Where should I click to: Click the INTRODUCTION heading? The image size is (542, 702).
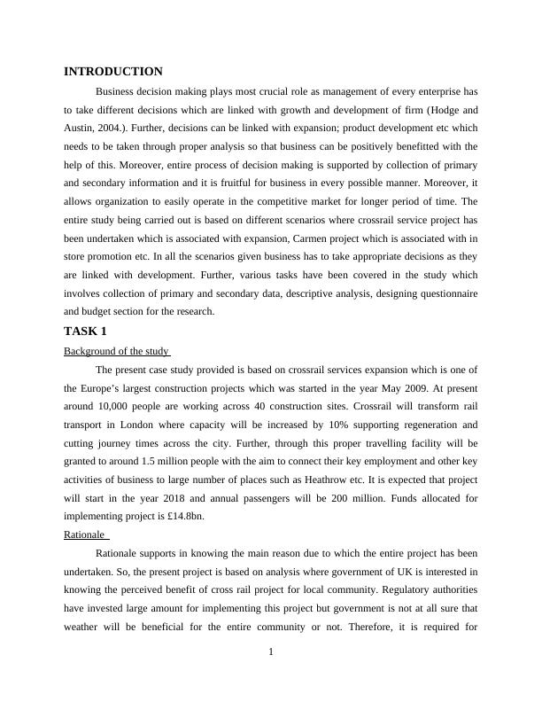(x=113, y=71)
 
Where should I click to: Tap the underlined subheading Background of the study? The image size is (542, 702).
(x=115, y=351)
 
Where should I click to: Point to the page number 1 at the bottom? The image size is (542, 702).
(x=271, y=652)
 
